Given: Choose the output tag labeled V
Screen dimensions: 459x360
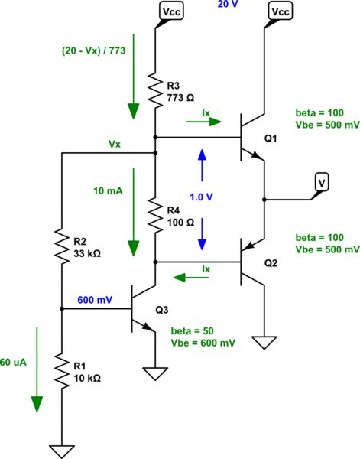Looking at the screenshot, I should pos(323,182).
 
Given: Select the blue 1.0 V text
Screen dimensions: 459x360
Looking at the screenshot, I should pos(202,197).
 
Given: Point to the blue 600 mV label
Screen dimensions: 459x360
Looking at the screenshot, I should pos(92,301).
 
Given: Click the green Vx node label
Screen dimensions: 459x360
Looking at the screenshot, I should pos(115,144).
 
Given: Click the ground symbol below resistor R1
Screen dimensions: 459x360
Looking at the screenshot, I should pos(60,451).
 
